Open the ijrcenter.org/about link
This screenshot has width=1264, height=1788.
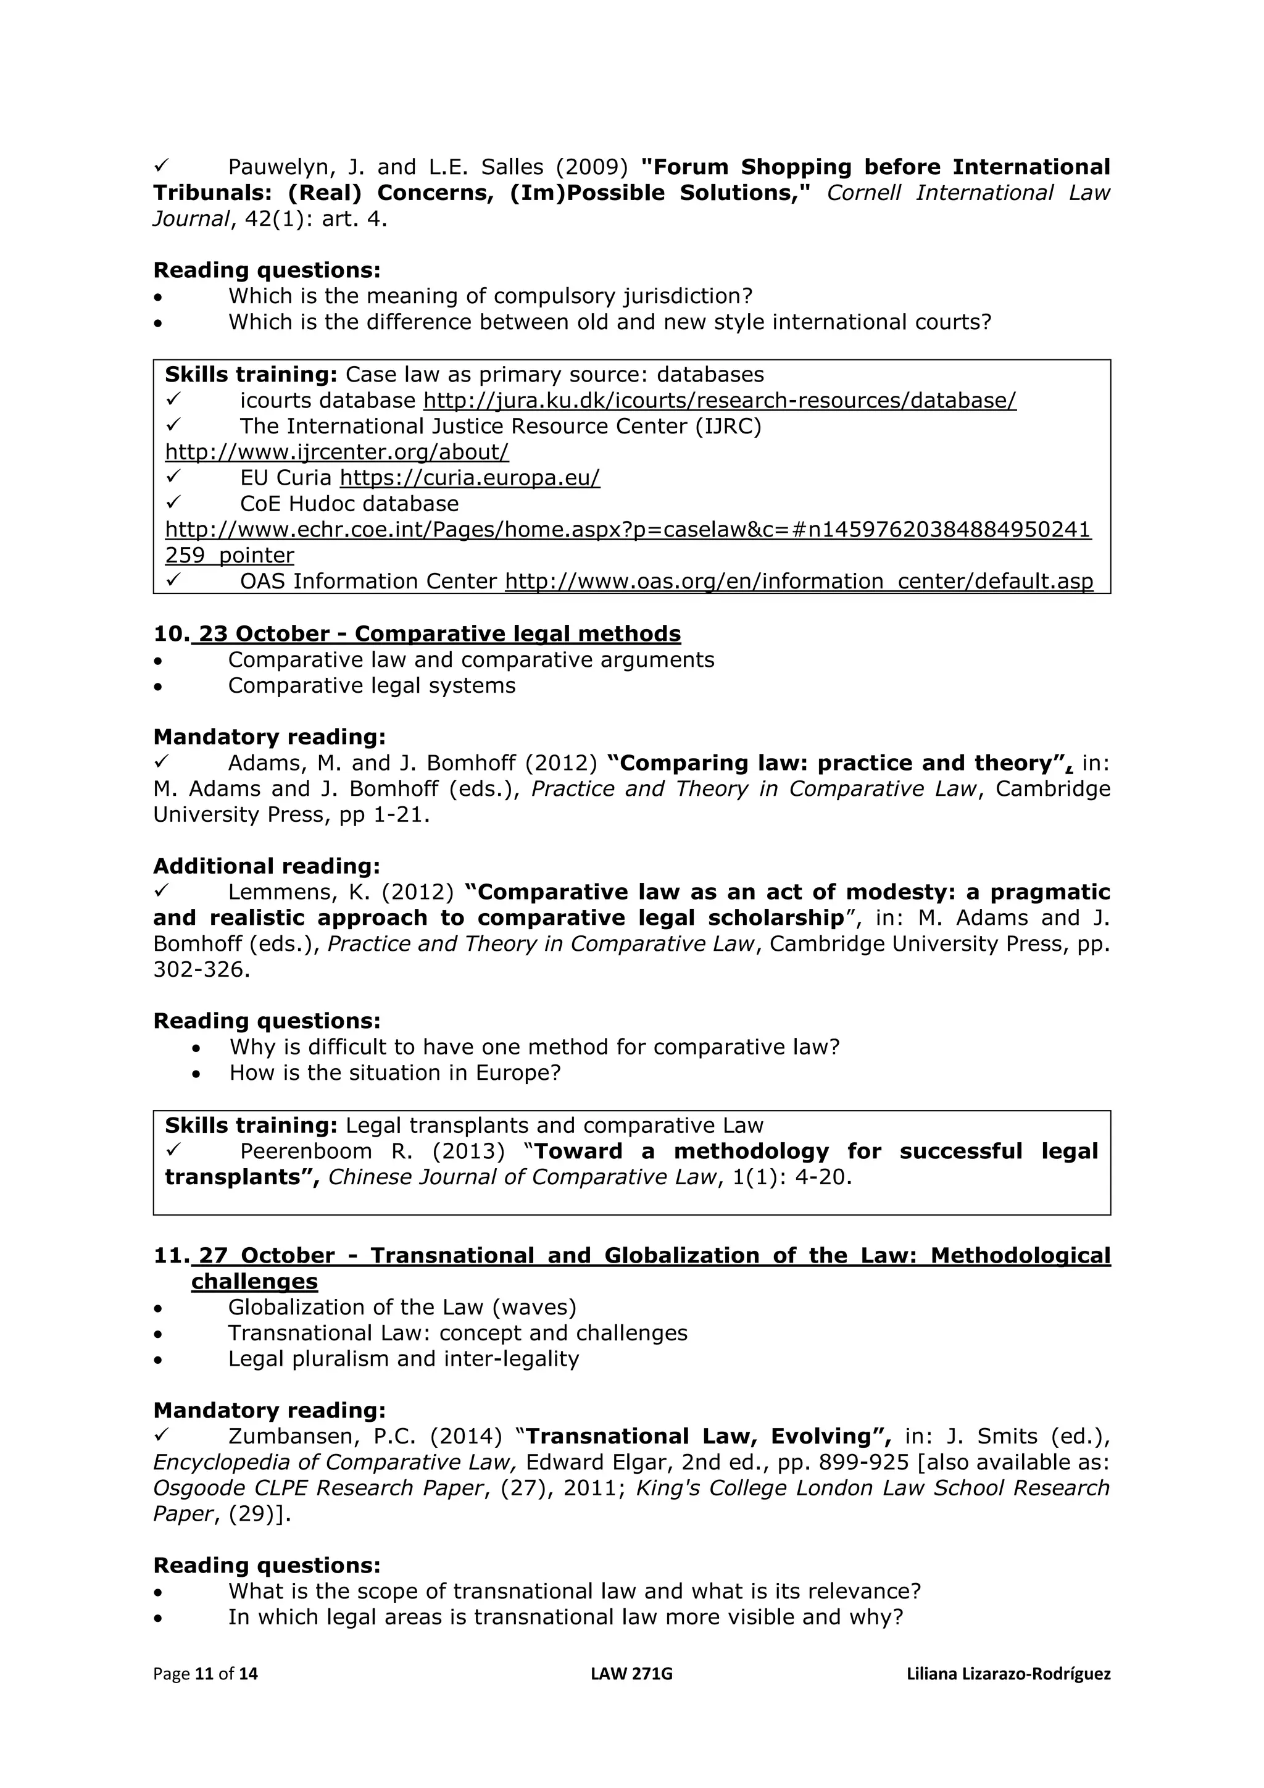pos(336,452)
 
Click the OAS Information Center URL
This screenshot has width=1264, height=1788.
pos(799,581)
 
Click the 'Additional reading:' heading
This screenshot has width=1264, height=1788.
pos(266,866)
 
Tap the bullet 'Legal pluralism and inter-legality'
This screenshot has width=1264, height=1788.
pos(403,1358)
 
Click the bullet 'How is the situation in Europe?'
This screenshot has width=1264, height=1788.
pos(394,1072)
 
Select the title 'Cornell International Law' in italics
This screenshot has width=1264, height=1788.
pos(968,193)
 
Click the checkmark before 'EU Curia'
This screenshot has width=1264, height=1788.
pos(173,477)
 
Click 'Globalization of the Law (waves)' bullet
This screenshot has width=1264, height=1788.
pos(402,1307)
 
